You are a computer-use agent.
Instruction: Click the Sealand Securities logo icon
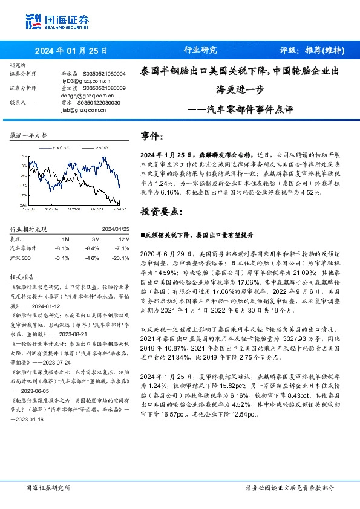point(33,22)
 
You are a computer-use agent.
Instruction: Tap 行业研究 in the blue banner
point(200,51)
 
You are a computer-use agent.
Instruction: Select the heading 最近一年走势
point(28,136)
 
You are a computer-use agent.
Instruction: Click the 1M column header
point(66,239)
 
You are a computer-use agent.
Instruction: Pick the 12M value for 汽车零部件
point(122,248)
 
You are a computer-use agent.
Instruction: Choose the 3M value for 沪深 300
point(93,258)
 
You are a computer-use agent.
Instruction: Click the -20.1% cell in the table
point(122,258)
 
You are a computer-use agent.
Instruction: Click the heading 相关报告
point(23,276)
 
